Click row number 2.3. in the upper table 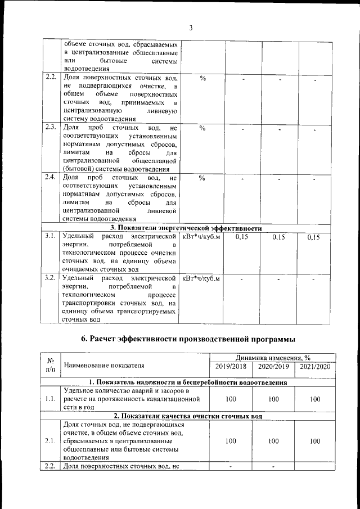pyautogui.click(x=50, y=128)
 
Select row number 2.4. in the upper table pyautogui.click(x=50, y=178)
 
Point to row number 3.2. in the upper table pyautogui.click(x=50, y=278)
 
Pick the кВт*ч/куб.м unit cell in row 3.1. pyautogui.click(x=201, y=237)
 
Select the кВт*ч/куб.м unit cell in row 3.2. pyautogui.click(x=201, y=278)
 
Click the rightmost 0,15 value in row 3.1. pyautogui.click(x=314, y=238)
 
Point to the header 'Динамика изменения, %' pyautogui.click(x=273, y=358)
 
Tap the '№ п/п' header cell pyautogui.click(x=51, y=366)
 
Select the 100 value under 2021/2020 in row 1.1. pyautogui.click(x=315, y=399)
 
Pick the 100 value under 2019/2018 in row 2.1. pyautogui.click(x=231, y=442)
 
